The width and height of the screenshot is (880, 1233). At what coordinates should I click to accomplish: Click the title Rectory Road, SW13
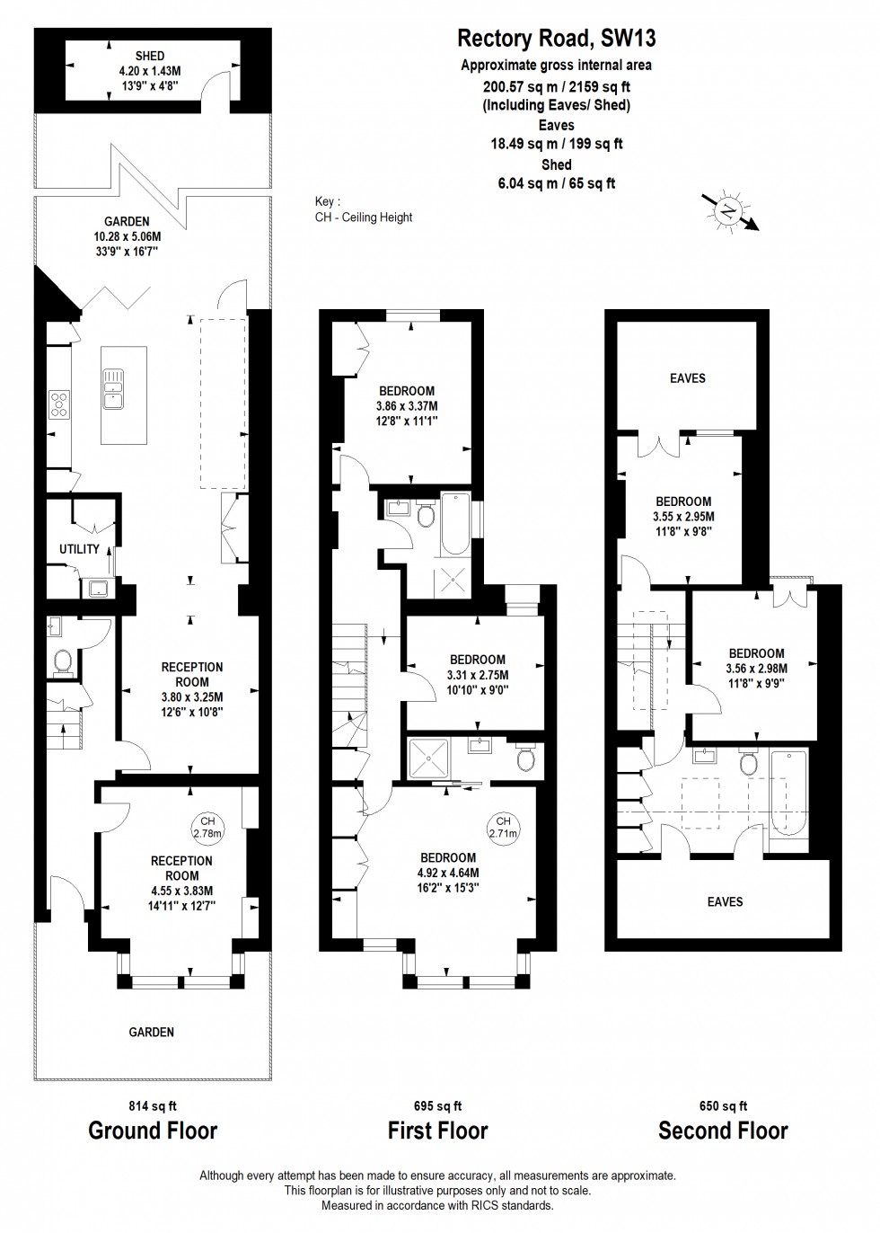pyautogui.click(x=556, y=38)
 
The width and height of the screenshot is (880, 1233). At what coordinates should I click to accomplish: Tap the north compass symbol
pyautogui.click(x=727, y=209)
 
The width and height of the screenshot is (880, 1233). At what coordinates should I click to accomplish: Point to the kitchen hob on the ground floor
pyautogui.click(x=59, y=404)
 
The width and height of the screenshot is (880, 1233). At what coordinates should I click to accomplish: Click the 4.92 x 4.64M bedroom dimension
pyautogui.click(x=447, y=873)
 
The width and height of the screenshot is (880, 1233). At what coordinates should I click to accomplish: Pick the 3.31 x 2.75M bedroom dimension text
pyautogui.click(x=477, y=675)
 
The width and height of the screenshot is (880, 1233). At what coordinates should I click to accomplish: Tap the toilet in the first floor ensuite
pyautogui.click(x=526, y=759)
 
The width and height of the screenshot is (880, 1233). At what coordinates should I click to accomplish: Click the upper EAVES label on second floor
pyautogui.click(x=688, y=378)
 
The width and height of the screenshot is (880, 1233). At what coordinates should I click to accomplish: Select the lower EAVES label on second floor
pyautogui.click(x=725, y=901)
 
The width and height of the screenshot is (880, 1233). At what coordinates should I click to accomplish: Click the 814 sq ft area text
pyautogui.click(x=154, y=1106)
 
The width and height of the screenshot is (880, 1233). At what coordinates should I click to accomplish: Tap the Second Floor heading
pyautogui.click(x=723, y=1131)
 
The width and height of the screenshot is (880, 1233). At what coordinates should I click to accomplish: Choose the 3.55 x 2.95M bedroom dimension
pyautogui.click(x=682, y=517)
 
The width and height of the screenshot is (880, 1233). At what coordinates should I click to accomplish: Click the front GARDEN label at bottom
pyautogui.click(x=151, y=1033)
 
